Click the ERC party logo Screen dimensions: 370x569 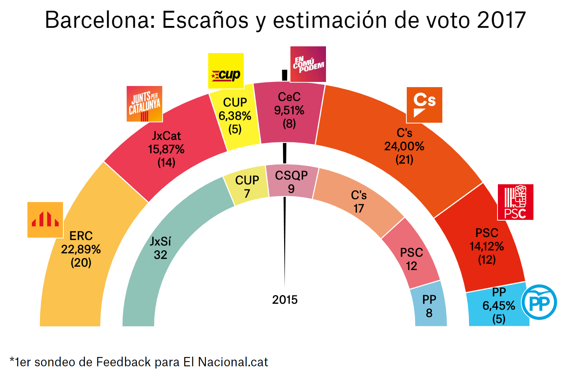pyautogui.click(x=45, y=220)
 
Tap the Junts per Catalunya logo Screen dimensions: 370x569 pyautogui.click(x=144, y=104)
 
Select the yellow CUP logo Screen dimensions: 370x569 pyautogui.click(x=226, y=71)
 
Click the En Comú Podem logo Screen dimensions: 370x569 pyautogui.click(x=308, y=64)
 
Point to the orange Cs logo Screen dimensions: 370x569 pyautogui.click(x=425, y=105)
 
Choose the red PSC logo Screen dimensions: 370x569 pyautogui.click(x=515, y=202)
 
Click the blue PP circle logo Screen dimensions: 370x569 pyautogui.click(x=539, y=302)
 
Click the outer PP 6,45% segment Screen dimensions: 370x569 pyautogui.click(x=498, y=305)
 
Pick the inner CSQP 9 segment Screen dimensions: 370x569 pyautogui.click(x=292, y=182)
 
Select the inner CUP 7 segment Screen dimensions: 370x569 pyautogui.click(x=247, y=186)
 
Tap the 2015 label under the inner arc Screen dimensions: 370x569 pyautogui.click(x=285, y=300)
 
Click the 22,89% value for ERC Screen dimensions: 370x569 pyautogui.click(x=81, y=250)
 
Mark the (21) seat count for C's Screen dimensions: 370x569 pyautogui.click(x=404, y=160)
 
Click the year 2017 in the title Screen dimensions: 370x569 pyautogui.click(x=501, y=20)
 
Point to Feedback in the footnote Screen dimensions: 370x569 pyautogui.click(x=123, y=362)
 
